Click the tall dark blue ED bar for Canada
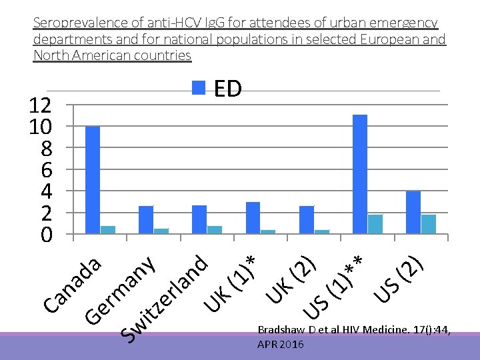(93, 180)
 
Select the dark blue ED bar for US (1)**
(360, 174)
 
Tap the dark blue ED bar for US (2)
(413, 212)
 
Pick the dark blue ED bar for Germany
(146, 220)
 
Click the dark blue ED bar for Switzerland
(199, 219)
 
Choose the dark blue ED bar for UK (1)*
(253, 218)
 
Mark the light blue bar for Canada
(108, 230)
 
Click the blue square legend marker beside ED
(199, 87)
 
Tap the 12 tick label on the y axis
(41, 105)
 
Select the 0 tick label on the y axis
(46, 235)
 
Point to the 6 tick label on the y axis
(46, 170)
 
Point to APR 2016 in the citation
(281, 344)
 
